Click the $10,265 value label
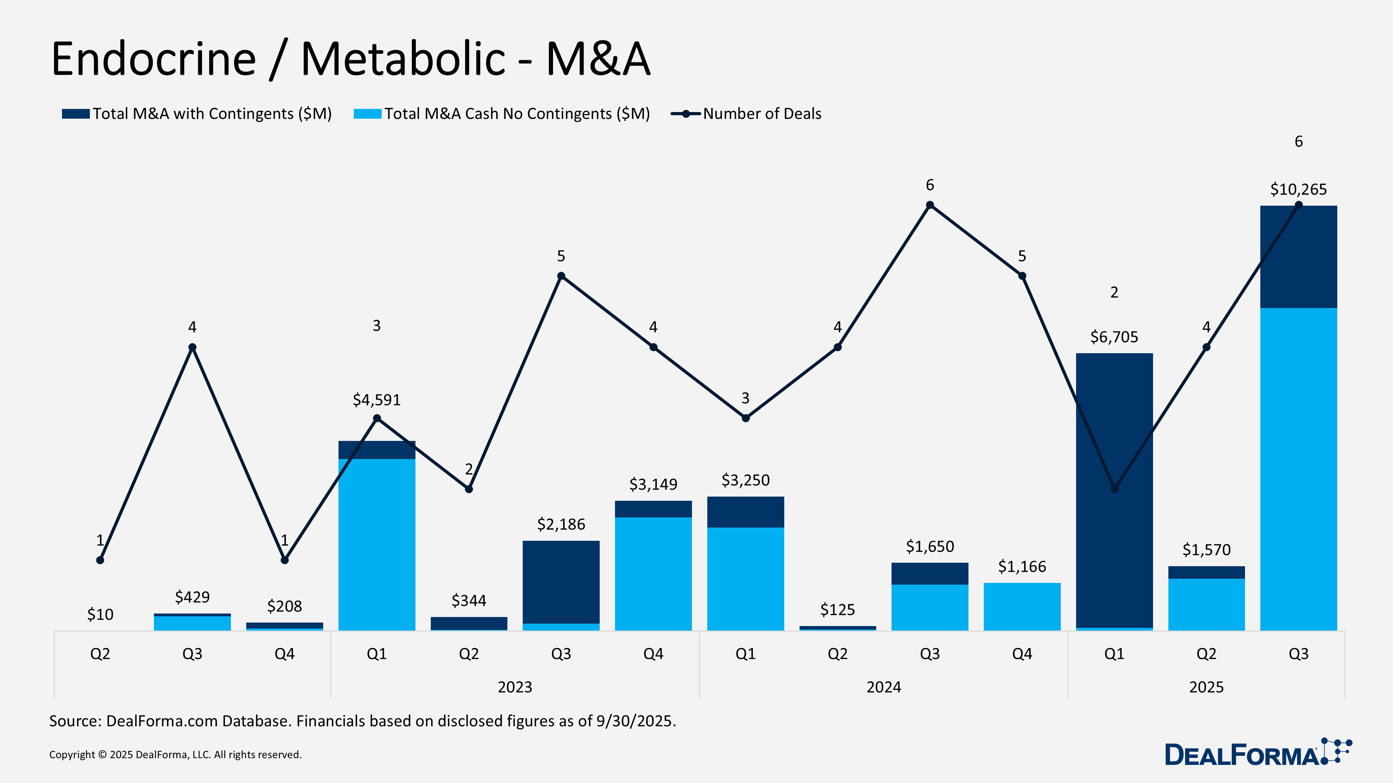[1298, 190]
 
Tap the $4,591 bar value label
[376, 400]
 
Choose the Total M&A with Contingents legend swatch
[76, 114]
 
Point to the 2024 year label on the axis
[884, 687]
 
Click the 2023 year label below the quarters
[515, 687]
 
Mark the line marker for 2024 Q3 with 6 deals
[929, 205]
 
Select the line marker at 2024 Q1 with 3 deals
[745, 418]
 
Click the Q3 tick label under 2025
[1298, 654]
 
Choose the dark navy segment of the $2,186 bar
[561, 581]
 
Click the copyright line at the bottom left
[175, 754]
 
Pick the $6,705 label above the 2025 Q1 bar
[1114, 337]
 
